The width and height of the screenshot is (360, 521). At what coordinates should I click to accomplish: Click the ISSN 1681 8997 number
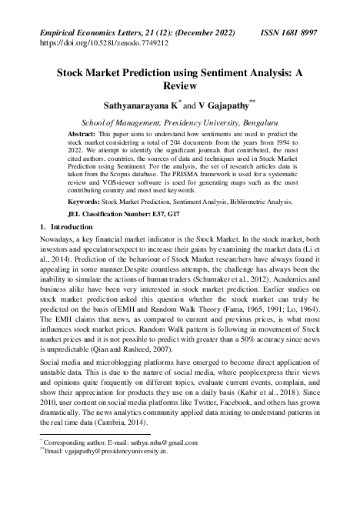pos(287,33)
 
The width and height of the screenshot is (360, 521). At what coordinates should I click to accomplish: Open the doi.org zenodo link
pos(103,44)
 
